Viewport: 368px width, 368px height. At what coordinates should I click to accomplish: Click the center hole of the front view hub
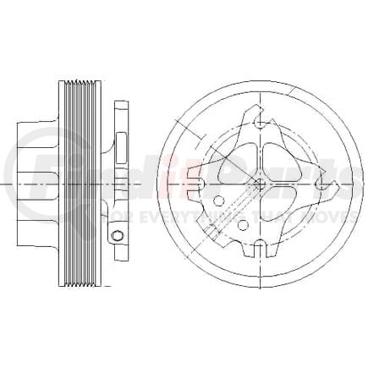[260, 182]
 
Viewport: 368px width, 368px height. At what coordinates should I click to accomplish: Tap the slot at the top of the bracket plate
[260, 123]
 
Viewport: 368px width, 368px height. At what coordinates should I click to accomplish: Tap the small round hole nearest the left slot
[218, 201]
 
